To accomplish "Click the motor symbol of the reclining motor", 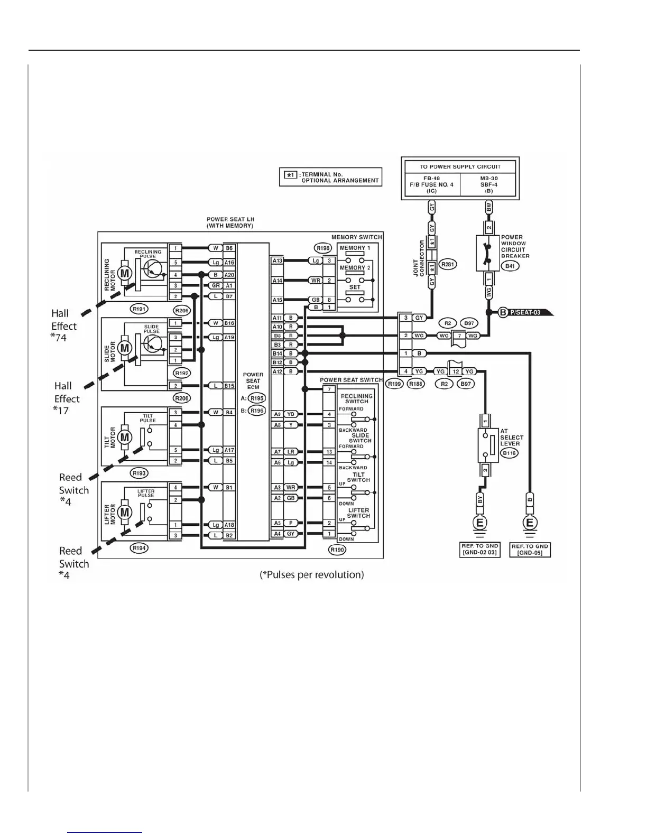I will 125,273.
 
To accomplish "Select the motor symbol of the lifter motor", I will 125,512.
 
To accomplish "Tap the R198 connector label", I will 322,248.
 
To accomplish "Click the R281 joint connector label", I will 448,264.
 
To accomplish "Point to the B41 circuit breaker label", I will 510,266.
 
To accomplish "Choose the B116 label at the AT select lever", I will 509,453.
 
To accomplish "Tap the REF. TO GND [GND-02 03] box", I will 480,550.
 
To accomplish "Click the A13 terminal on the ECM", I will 278,261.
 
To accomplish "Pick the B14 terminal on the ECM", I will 278,354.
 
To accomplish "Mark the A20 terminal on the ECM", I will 229,275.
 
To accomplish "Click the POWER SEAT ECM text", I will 253,380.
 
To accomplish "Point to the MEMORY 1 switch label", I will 355,248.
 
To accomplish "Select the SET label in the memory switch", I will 355,287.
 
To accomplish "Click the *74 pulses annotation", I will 59,337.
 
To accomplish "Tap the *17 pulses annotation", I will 61,410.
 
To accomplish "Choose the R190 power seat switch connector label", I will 337,550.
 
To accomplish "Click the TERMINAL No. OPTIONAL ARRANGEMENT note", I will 331,177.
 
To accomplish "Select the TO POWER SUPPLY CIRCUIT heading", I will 460,166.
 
